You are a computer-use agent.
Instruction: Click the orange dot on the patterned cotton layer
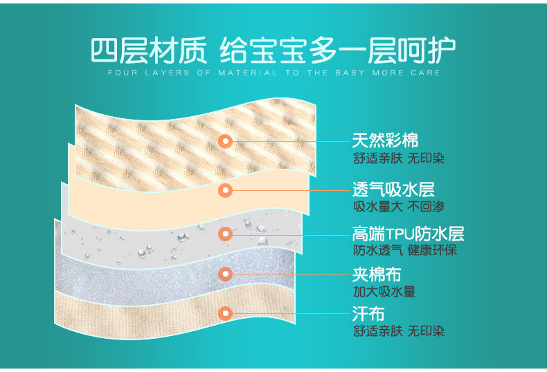224,141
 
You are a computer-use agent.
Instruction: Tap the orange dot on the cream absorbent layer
224,190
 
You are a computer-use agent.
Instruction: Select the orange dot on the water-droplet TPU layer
224,234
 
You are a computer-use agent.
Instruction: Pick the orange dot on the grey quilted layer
224,274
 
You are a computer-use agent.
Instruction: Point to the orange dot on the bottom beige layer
224,314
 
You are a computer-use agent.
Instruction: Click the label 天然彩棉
385,140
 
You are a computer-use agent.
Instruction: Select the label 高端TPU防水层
408,233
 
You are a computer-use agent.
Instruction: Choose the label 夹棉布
377,274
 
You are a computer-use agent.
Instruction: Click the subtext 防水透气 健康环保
405,250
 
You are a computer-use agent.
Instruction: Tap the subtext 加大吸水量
384,291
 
